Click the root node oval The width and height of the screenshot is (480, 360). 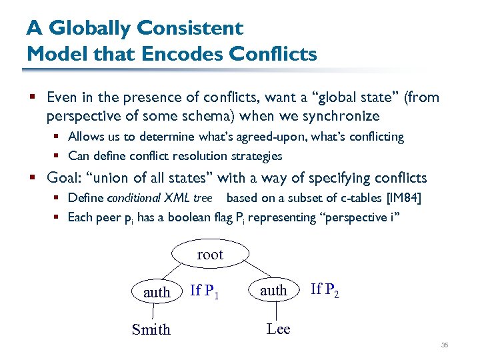point(210,254)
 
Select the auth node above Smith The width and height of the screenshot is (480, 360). point(156,292)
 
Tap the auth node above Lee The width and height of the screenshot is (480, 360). point(273,290)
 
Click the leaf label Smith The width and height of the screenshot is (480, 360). point(151,329)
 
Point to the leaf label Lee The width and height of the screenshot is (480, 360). point(278,329)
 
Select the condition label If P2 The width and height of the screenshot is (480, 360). point(325,289)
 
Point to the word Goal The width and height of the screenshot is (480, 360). point(64,178)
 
